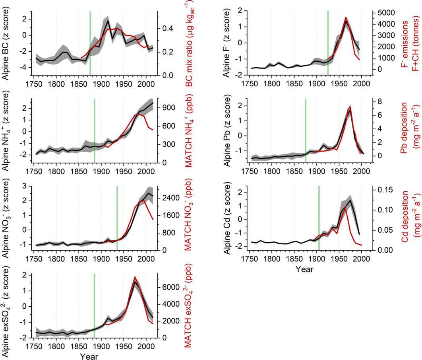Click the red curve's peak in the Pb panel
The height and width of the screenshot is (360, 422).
tap(350, 107)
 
